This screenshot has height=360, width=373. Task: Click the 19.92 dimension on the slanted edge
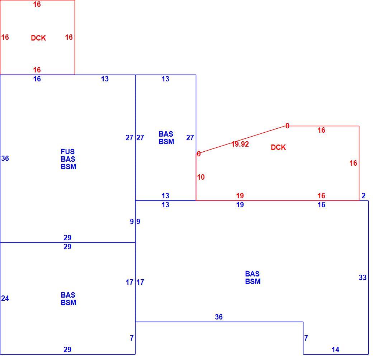tap(240, 144)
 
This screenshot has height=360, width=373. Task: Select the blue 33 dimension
tap(363, 277)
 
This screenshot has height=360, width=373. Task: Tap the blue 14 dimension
tap(335, 350)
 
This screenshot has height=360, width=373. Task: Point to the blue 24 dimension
tap(5, 298)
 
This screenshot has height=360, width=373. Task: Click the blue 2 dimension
tap(363, 196)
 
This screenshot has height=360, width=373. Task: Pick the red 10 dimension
tap(201, 177)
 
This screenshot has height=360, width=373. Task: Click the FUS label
tap(67, 151)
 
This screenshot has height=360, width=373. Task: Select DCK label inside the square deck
tap(38, 38)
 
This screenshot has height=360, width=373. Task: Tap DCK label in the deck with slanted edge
tap(278, 147)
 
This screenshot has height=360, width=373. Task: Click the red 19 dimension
tap(240, 196)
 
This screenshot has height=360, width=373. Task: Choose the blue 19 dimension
tap(240, 204)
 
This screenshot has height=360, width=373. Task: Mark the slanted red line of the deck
tap(242, 140)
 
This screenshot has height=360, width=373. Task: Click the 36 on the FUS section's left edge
tap(5, 158)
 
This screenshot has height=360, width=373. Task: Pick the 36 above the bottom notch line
tap(219, 317)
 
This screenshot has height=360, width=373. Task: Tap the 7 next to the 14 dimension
tap(306, 338)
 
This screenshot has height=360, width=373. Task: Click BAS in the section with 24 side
tap(68, 295)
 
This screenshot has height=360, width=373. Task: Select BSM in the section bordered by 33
tap(253, 281)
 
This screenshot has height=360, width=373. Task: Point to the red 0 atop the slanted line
tap(287, 126)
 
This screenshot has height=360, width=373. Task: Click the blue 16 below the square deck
tap(37, 79)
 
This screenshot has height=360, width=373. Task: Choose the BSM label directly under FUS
tap(69, 167)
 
